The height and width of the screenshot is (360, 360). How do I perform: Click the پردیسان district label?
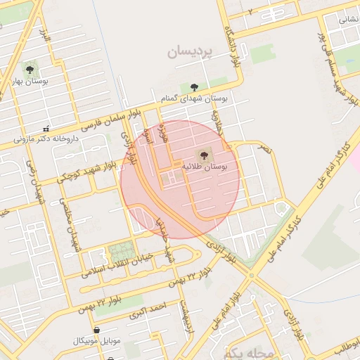tap(190, 53)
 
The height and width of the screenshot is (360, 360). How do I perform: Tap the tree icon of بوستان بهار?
tap(30, 69)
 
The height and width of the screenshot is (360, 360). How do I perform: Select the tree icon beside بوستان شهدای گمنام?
tap(193, 87)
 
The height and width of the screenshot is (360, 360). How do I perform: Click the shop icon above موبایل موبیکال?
tap(96, 330)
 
